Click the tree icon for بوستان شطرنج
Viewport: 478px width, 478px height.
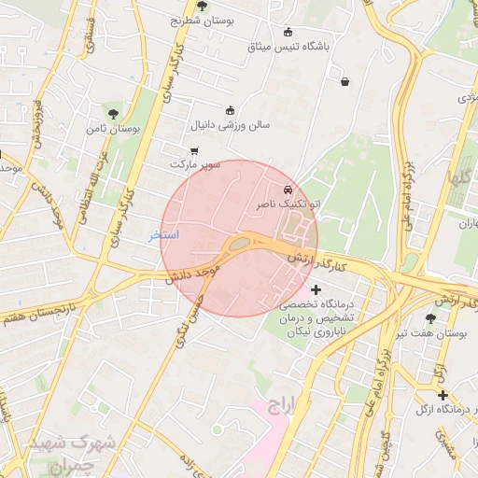click(x=202, y=7)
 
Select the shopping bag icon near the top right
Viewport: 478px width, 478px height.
click(x=345, y=82)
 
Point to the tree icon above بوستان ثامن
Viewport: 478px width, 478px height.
click(x=114, y=114)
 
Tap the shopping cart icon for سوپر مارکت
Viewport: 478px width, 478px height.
click(x=193, y=150)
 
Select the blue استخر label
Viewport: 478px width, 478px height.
click(x=164, y=235)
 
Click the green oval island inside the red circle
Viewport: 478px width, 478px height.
click(x=240, y=245)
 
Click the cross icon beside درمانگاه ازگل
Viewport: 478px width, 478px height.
click(x=443, y=396)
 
